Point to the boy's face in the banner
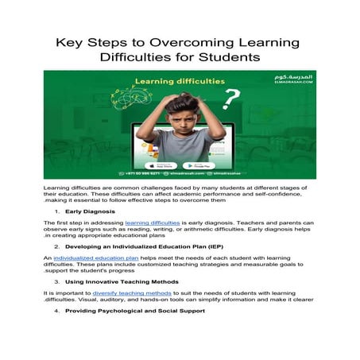pyautogui.click(x=181, y=112)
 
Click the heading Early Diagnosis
pyautogui.click(x=85, y=213)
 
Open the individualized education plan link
pyautogui.click(x=97, y=259)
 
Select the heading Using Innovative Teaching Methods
pyautogui.click(x=120, y=281)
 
